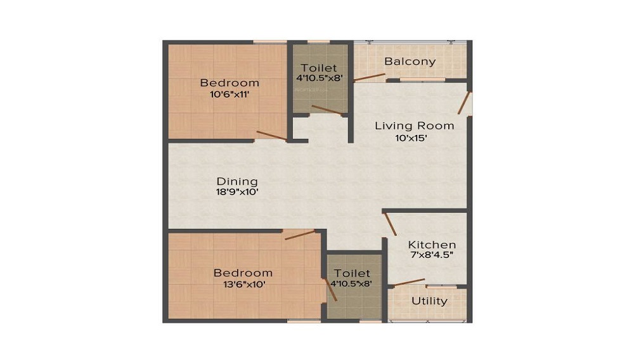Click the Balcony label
410,61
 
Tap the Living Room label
414,125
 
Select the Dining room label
236,181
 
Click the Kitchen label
431,245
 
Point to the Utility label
429,301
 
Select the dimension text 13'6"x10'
243,285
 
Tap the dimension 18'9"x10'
236,193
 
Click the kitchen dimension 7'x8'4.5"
431,257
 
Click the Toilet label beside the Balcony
319,68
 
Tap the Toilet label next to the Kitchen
351,273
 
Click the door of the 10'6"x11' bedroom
271,135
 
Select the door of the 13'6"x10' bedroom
299,235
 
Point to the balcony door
369,77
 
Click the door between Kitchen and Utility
410,281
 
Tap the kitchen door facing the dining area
390,224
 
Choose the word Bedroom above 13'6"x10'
243,273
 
